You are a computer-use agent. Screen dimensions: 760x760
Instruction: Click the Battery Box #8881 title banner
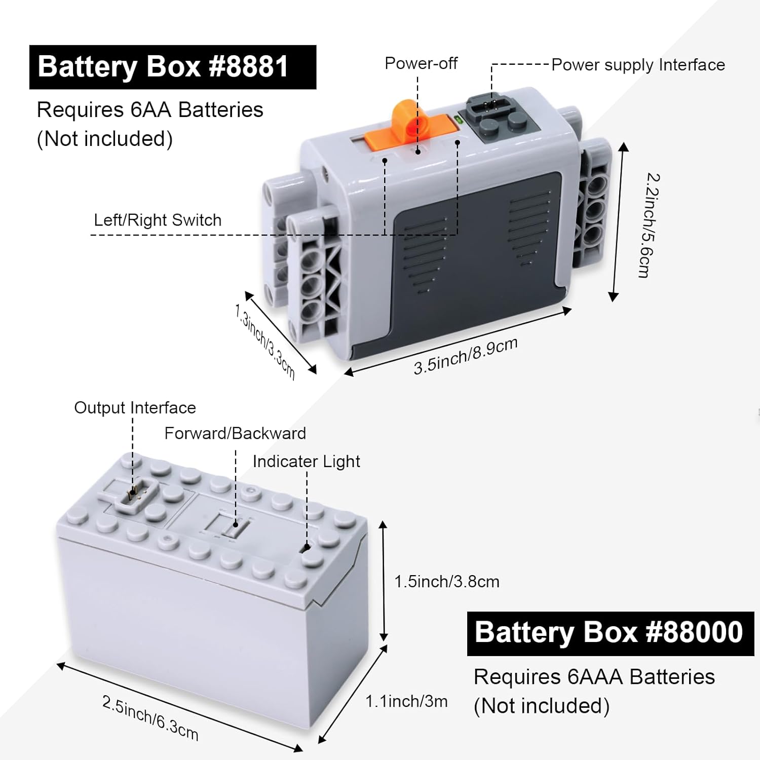[x=172, y=67]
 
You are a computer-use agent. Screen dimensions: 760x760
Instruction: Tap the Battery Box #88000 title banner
[x=610, y=633]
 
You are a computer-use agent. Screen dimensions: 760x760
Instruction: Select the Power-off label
[x=421, y=63]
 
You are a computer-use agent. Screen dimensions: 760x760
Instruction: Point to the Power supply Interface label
[x=638, y=65]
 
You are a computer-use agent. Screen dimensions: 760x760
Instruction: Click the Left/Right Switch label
[x=158, y=220]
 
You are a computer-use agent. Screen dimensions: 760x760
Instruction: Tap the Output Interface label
[x=135, y=407]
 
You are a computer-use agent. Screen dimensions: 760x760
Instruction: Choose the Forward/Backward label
[x=235, y=433]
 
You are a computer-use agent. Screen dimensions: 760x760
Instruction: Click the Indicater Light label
[x=306, y=461]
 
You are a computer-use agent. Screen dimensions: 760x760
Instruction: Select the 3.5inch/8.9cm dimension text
[x=465, y=356]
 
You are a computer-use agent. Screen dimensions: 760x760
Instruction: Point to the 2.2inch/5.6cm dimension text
[x=649, y=225]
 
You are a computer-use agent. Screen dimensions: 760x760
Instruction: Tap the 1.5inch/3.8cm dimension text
[x=446, y=581]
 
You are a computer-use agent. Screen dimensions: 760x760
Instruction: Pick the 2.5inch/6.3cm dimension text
[x=150, y=718]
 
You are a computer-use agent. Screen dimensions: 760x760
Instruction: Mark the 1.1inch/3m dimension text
[x=406, y=701]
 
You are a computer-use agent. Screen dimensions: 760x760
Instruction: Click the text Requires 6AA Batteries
[x=150, y=110]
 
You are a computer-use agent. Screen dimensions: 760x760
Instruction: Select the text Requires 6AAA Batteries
[x=594, y=677]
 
